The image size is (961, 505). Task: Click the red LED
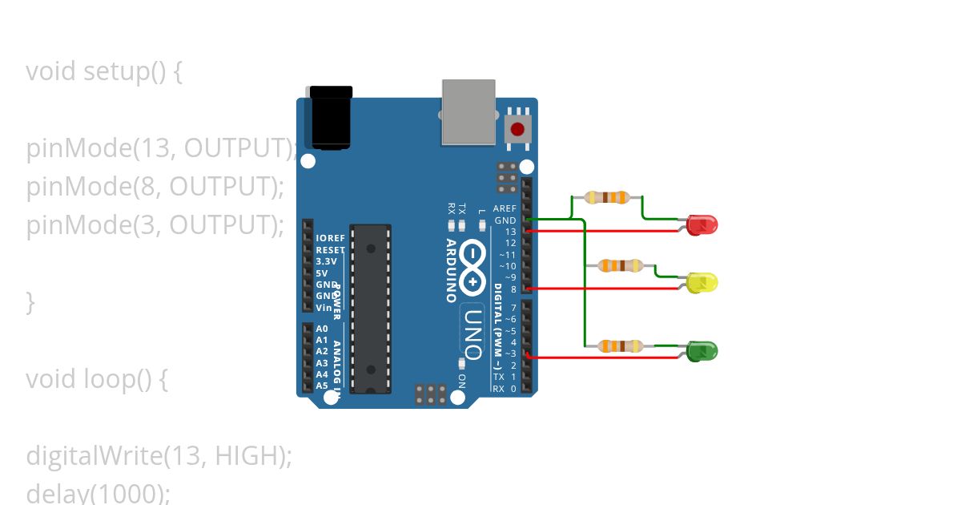click(x=703, y=225)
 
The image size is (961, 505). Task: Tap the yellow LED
click(x=703, y=282)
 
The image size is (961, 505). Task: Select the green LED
click(x=703, y=350)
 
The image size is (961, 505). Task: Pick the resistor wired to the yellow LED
click(x=620, y=265)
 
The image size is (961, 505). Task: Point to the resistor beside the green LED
click(x=620, y=345)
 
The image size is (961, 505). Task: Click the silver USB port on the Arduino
click(x=468, y=111)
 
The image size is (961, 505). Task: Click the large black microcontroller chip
click(x=371, y=309)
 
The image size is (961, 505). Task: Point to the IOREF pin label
click(x=330, y=238)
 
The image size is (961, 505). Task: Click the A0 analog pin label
click(x=322, y=329)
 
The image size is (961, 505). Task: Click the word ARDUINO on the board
click(x=452, y=270)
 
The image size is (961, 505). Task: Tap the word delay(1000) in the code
click(x=98, y=492)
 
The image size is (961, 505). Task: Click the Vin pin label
click(x=324, y=307)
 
